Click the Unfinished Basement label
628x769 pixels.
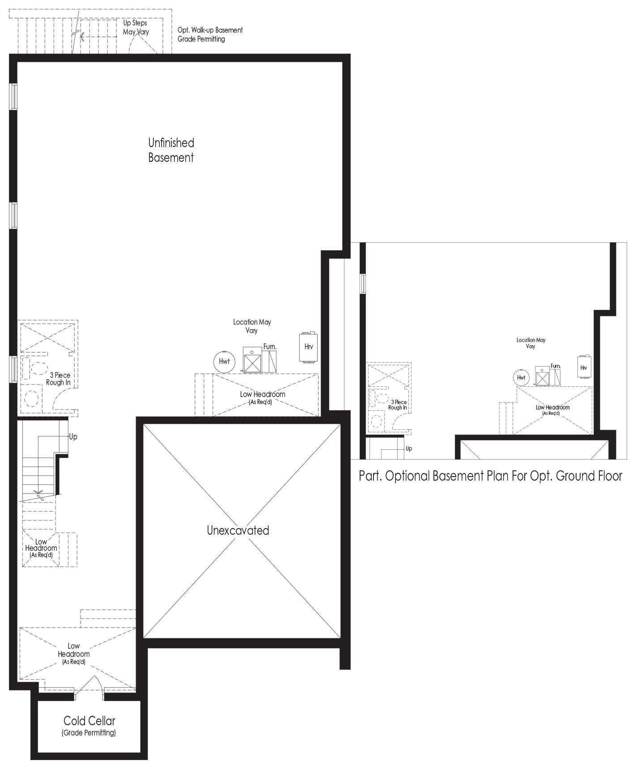(x=171, y=150)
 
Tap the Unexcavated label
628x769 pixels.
(x=238, y=531)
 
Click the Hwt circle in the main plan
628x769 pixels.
(x=224, y=361)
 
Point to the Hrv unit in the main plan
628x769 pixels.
(x=309, y=346)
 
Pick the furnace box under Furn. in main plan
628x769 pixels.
(x=252, y=360)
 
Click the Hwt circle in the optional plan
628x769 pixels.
(x=521, y=378)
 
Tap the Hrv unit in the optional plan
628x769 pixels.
(x=584, y=367)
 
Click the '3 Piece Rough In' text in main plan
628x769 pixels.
(x=58, y=379)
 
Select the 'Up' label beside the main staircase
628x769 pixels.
(x=73, y=437)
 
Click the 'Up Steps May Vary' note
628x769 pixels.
(x=136, y=27)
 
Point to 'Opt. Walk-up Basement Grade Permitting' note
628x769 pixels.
(x=210, y=34)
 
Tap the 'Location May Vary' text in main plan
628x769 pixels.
(x=252, y=326)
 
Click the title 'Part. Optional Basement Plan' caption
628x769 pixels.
(x=490, y=476)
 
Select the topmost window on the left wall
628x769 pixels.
(x=13, y=96)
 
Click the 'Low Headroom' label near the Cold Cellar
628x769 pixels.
(x=74, y=653)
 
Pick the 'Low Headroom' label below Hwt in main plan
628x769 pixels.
(x=263, y=397)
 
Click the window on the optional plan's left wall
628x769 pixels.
(x=363, y=283)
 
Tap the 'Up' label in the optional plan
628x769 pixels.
(x=409, y=448)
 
